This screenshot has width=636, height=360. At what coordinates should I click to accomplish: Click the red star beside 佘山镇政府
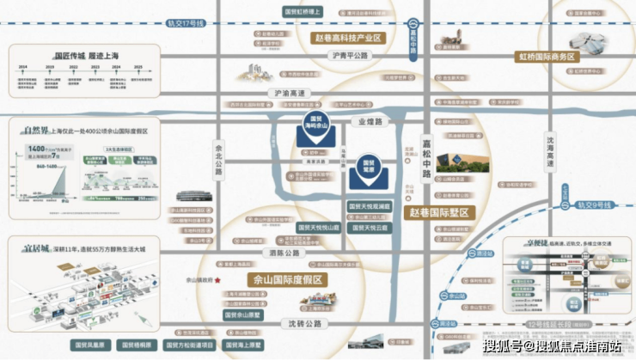click(219, 280)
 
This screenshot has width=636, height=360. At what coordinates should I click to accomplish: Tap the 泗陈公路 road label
click(283, 253)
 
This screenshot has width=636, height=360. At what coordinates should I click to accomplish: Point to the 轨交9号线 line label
click(593, 204)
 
